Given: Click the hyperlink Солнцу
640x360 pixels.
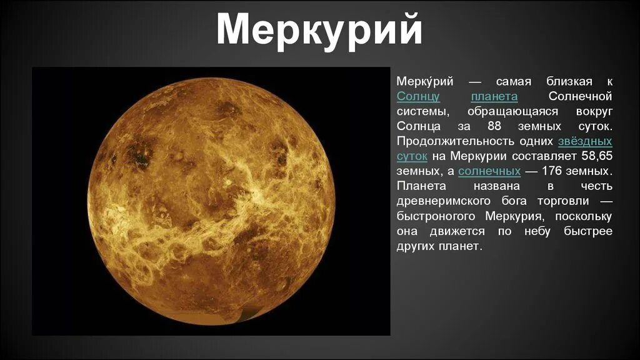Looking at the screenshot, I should click(x=418, y=96).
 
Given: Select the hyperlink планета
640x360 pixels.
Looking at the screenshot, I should click(x=494, y=96).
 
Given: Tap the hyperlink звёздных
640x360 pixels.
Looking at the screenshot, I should click(x=585, y=141).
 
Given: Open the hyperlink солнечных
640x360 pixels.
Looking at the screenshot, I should click(x=489, y=171).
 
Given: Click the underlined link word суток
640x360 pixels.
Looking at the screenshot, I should click(x=412, y=156).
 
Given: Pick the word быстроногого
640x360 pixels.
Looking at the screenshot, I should click(x=438, y=216).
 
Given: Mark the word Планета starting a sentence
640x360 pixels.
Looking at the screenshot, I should click(x=422, y=186).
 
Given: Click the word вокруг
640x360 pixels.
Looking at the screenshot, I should click(x=591, y=111).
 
